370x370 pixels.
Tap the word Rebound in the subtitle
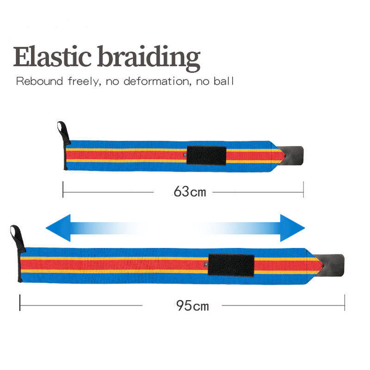39,82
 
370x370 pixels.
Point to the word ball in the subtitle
225,82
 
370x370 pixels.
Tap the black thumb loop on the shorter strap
62,129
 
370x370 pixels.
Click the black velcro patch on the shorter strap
206,155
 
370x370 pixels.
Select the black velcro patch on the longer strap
231,265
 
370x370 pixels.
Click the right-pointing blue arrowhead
293,228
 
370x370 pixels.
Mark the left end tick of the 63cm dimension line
63,190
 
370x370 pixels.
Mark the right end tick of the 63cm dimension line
303,190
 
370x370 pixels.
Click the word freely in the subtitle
85,82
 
